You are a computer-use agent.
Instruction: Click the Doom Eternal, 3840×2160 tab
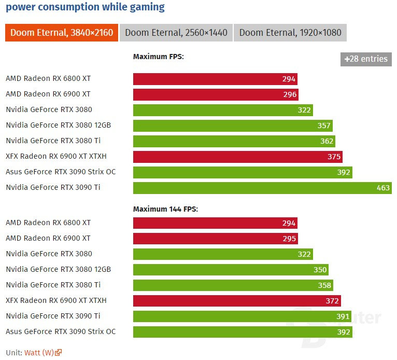click(62, 33)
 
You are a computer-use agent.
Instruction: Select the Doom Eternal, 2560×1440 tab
click(176, 33)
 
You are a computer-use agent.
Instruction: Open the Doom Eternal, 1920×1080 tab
click(290, 33)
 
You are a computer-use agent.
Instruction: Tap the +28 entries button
click(366, 59)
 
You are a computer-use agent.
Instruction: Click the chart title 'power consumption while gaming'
click(85, 7)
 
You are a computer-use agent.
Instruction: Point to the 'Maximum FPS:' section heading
click(159, 57)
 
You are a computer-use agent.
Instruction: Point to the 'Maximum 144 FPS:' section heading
click(165, 209)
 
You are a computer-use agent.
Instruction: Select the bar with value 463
click(262, 188)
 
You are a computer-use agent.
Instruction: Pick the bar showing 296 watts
click(216, 94)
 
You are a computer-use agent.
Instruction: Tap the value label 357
click(324, 126)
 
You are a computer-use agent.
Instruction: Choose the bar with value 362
click(234, 141)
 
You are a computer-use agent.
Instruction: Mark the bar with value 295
click(215, 239)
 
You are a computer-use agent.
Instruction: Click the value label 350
click(320, 270)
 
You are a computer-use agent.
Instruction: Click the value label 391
click(343, 316)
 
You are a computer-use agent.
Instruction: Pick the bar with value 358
click(233, 285)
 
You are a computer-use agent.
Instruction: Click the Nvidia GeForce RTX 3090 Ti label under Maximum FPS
click(53, 187)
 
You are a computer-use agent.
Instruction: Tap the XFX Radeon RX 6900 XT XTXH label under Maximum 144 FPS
click(56, 300)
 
